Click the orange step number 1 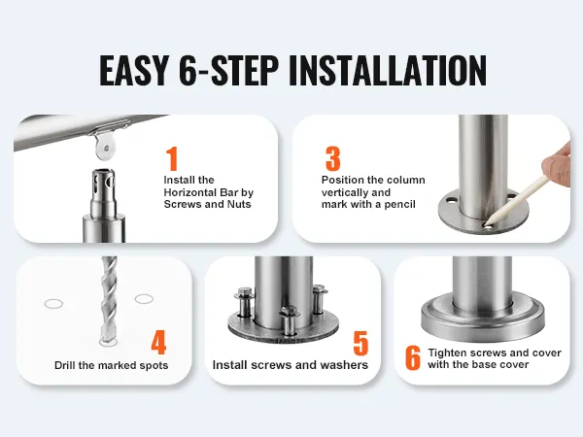pyautogui.click(x=172, y=158)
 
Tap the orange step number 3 pyautogui.click(x=332, y=158)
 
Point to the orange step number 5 pyautogui.click(x=360, y=343)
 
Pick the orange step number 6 pyautogui.click(x=413, y=357)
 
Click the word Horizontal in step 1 pyautogui.click(x=190, y=192)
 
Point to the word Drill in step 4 pyautogui.click(x=65, y=365)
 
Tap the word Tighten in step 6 pyautogui.click(x=447, y=353)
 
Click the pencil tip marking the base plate pyautogui.click(x=487, y=224)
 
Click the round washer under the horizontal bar pyautogui.click(x=105, y=148)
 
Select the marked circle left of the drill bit pyautogui.click(x=53, y=304)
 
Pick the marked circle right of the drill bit pyautogui.click(x=144, y=299)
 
